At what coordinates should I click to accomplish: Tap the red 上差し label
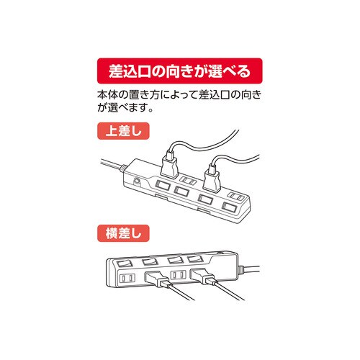117,131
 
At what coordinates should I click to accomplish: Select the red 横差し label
117,233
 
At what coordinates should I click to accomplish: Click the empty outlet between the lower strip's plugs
179,277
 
